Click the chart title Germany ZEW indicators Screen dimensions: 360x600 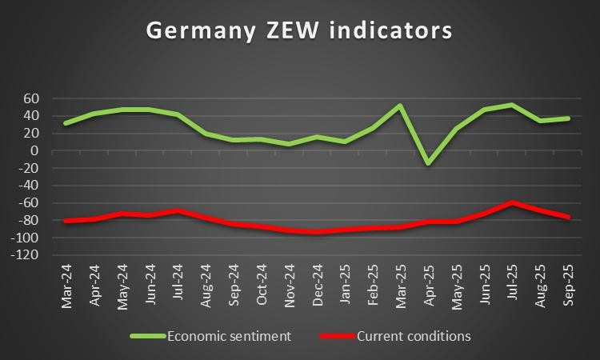tap(299, 30)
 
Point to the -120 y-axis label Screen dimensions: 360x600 tap(26, 255)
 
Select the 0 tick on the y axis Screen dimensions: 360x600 tap(36, 150)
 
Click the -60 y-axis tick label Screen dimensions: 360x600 tap(29, 203)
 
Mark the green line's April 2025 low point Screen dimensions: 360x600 tap(428, 163)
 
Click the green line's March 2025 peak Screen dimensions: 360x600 tap(400, 106)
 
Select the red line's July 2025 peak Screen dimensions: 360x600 tap(512, 202)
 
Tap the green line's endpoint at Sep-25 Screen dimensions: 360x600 tap(568, 118)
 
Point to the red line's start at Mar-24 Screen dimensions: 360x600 tap(65, 221)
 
